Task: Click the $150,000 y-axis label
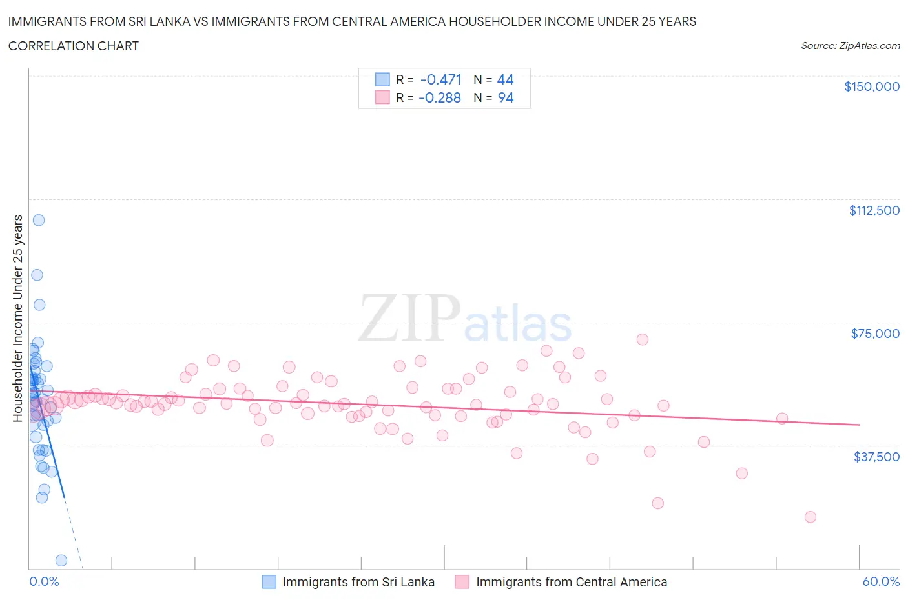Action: [x=871, y=87]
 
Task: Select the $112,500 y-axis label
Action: [x=874, y=210]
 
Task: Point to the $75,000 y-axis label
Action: [x=875, y=334]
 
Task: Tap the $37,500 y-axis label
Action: [x=876, y=457]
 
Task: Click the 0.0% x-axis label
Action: [x=44, y=581]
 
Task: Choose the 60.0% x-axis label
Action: [x=881, y=581]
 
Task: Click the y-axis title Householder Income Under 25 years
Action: [x=17, y=318]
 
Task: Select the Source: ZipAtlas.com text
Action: [x=850, y=46]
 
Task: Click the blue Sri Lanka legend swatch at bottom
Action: [x=269, y=582]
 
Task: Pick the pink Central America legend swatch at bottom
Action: [x=462, y=582]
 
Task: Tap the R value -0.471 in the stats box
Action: [x=440, y=79]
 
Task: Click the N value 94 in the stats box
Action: [x=505, y=97]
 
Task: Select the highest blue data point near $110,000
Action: [x=39, y=220]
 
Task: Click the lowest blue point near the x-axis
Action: [x=61, y=560]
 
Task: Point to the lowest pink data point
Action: [x=810, y=517]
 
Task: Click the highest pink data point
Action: [x=642, y=339]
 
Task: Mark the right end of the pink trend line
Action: [x=859, y=425]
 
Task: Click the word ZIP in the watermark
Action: [x=409, y=317]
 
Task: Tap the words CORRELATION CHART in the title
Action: [x=74, y=46]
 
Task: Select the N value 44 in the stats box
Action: [x=505, y=79]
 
